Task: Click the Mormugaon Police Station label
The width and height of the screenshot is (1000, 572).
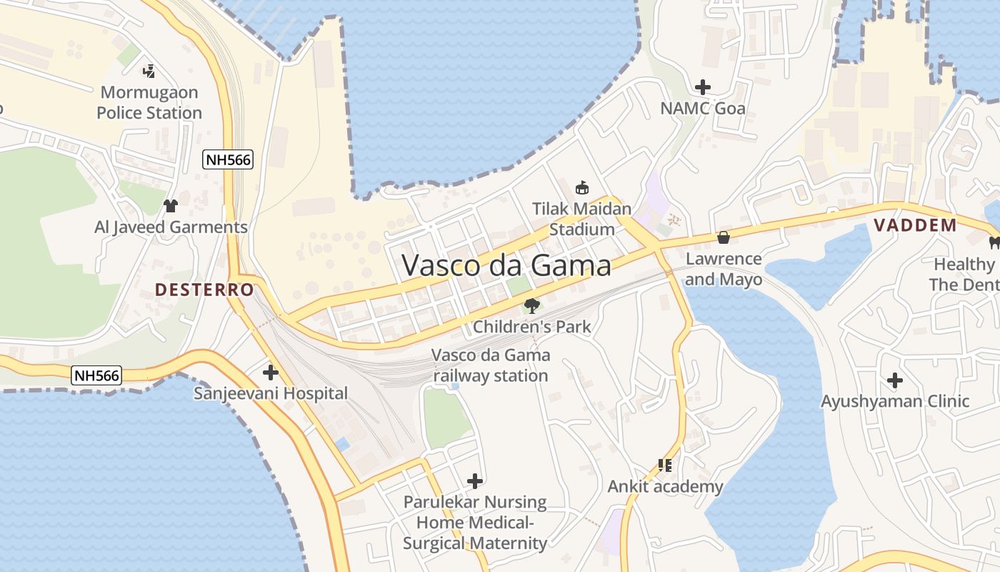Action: click(x=149, y=102)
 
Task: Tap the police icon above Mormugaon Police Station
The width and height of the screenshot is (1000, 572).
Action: click(x=149, y=71)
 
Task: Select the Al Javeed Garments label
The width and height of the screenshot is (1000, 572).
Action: click(x=171, y=227)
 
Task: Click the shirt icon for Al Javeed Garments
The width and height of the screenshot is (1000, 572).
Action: click(x=171, y=206)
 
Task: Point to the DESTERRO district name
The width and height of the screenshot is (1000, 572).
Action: click(x=204, y=290)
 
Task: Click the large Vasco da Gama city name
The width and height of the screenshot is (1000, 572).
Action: click(x=506, y=265)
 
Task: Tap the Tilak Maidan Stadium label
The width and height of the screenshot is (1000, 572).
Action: click(x=582, y=219)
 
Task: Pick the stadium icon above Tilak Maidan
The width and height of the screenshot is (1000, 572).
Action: click(x=582, y=188)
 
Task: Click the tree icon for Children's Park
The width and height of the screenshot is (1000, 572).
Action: click(x=531, y=306)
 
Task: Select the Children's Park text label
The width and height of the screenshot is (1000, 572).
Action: click(x=532, y=327)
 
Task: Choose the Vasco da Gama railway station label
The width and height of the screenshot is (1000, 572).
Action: click(x=491, y=365)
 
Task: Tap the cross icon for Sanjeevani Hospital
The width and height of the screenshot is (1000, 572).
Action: click(x=271, y=372)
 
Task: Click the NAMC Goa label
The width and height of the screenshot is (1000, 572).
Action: click(x=702, y=109)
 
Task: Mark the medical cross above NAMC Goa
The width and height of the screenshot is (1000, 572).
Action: click(x=703, y=87)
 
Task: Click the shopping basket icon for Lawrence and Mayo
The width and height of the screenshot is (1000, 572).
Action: click(x=724, y=237)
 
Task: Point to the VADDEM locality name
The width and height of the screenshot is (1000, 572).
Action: click(x=915, y=225)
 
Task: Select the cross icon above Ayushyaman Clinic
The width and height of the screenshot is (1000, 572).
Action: click(x=894, y=380)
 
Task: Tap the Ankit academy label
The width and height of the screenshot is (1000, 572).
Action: click(x=665, y=487)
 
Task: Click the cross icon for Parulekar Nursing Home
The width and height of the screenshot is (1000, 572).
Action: click(x=475, y=481)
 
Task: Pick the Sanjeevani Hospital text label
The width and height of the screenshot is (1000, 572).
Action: click(x=271, y=393)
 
